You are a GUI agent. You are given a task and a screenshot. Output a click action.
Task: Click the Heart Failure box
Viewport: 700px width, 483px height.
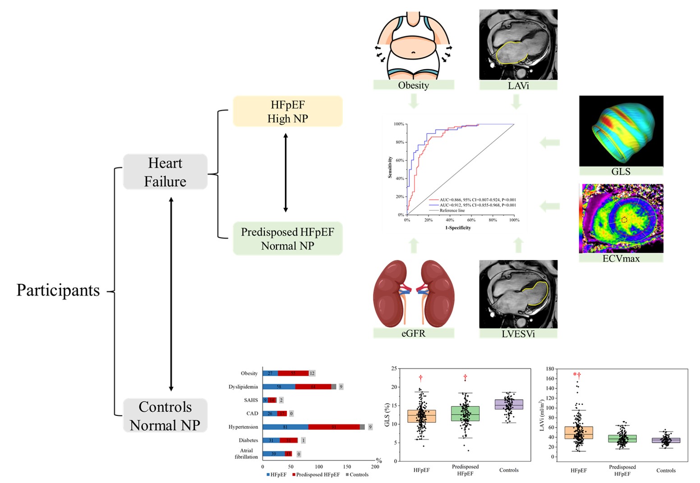(165, 172)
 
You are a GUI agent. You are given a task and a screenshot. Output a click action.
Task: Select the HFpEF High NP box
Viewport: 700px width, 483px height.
(288, 111)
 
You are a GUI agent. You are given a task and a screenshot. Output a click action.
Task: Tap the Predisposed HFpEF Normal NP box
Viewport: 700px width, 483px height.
(288, 239)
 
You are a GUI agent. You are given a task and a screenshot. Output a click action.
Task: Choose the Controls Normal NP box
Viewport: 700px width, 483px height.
(165, 416)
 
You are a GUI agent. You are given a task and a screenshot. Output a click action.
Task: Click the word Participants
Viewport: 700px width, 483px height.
(58, 290)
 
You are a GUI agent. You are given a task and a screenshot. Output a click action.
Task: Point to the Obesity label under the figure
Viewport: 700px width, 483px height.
(413, 85)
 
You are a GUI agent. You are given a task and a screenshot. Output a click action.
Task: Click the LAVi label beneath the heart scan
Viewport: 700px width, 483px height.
(518, 85)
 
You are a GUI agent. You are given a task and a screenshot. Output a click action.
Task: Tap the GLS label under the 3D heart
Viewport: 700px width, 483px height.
(621, 171)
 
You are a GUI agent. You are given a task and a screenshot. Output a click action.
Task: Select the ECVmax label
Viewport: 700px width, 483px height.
(621, 258)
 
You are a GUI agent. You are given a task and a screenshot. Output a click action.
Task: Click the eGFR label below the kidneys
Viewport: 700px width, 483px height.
(413, 333)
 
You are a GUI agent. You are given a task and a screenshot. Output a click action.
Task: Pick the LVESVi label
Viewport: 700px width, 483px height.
(518, 334)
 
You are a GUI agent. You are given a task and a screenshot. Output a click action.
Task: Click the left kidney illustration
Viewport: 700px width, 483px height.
(390, 293)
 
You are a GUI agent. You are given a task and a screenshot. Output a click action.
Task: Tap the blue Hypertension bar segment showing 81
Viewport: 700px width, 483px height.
(286, 427)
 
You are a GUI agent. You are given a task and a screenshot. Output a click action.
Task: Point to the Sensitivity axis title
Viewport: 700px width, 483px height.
(390, 168)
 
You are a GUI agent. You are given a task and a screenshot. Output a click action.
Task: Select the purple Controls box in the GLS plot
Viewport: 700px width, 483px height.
(509, 404)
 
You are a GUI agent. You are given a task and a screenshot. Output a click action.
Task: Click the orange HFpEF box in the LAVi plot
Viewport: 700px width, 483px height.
(579, 433)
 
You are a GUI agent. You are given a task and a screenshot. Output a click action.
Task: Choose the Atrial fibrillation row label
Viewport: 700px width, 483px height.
(246, 453)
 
